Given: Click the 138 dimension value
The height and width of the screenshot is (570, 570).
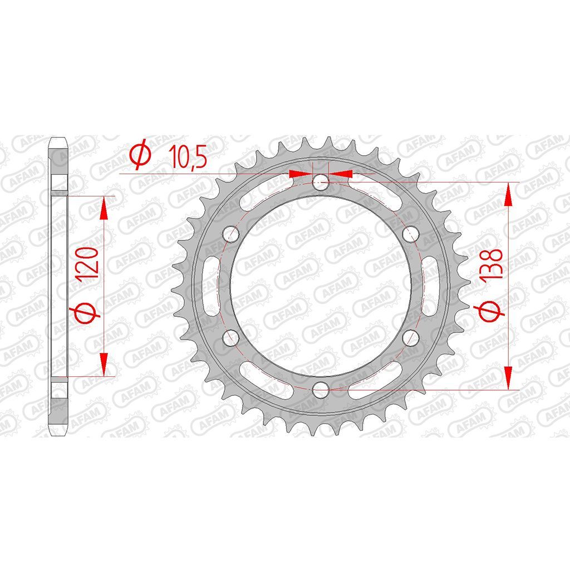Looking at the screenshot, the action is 491,264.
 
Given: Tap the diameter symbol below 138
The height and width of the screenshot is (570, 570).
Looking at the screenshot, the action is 491,311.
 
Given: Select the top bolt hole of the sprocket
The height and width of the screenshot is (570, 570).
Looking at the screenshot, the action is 321,182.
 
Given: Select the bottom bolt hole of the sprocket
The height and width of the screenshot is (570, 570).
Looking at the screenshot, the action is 321,389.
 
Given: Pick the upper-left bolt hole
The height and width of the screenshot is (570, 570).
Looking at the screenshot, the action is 231,234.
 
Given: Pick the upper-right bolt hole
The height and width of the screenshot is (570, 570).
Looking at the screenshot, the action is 411,234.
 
